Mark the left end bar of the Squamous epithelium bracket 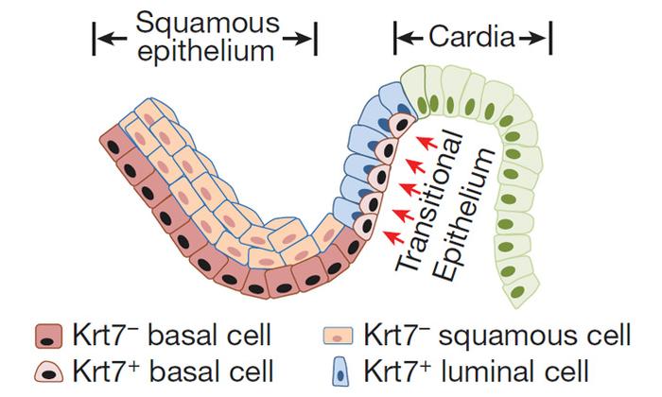(94, 38)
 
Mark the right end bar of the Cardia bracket (550, 38)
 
